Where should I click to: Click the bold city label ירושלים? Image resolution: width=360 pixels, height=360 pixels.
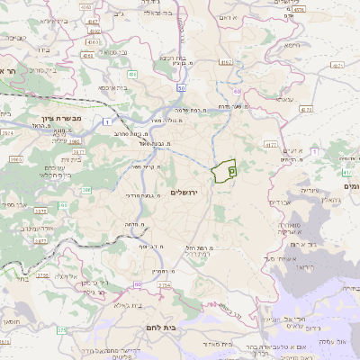[184, 193]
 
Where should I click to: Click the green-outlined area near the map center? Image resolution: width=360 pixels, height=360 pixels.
[222, 170]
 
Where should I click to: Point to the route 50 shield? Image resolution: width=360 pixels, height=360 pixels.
[181, 87]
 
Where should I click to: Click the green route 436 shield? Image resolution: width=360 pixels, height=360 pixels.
[132, 76]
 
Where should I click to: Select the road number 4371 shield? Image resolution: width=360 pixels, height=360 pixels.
[337, 66]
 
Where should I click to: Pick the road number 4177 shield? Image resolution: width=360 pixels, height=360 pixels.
[270, 143]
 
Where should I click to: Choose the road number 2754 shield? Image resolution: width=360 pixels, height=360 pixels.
[163, 285]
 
